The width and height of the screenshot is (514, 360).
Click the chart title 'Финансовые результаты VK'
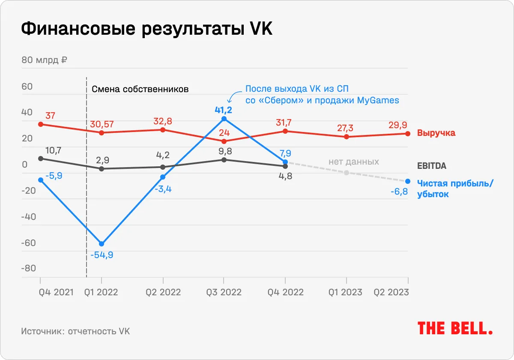tap(147, 30)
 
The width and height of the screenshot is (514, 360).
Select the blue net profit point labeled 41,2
tap(224, 119)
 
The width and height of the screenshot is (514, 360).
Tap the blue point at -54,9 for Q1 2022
tap(102, 244)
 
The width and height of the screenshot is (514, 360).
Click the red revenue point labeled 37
tap(41, 124)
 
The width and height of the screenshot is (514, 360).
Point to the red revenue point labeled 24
tap(224, 141)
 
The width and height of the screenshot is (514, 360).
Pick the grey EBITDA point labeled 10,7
tap(41, 159)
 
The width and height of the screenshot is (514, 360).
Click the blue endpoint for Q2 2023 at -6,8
tap(407, 181)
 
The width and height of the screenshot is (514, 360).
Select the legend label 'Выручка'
tap(436, 133)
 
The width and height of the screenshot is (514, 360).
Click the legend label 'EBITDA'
tap(432, 166)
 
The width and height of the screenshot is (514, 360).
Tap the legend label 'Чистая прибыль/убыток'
tap(455, 189)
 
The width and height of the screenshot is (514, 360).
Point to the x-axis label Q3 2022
tap(224, 292)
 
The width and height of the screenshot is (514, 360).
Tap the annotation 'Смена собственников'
tap(140, 90)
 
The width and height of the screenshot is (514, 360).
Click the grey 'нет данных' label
tap(354, 162)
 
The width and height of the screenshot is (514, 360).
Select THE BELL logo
tap(455, 329)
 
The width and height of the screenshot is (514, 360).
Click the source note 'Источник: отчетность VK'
tap(75, 331)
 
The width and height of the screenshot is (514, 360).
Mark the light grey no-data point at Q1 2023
tap(346, 173)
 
